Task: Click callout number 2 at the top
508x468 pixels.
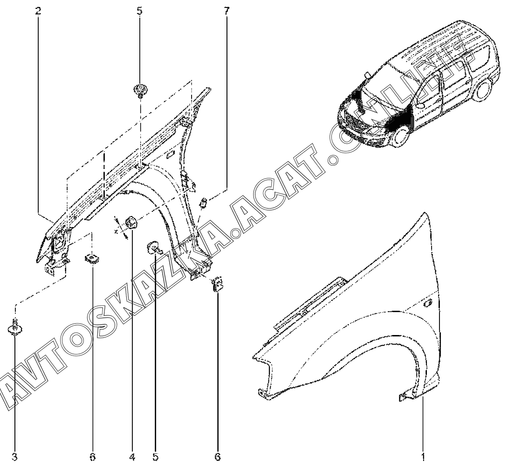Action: point(38,11)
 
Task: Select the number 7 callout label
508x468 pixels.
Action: point(227,11)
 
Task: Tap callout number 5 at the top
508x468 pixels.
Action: point(139,11)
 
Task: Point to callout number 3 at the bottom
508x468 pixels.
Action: point(14,457)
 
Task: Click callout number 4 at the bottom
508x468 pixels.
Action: point(132,457)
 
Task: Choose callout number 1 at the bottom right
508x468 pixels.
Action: point(423,457)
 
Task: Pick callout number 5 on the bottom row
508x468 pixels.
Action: point(155,457)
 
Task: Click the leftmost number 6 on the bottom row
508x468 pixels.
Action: point(93,457)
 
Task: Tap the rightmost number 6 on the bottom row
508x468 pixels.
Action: point(217,457)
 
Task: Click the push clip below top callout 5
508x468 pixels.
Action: point(140,90)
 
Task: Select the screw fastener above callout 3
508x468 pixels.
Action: point(15,328)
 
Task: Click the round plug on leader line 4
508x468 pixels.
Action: point(131,223)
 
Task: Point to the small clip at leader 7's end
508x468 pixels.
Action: point(204,203)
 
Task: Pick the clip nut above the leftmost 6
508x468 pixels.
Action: point(92,258)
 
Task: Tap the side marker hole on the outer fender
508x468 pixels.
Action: point(428,303)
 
